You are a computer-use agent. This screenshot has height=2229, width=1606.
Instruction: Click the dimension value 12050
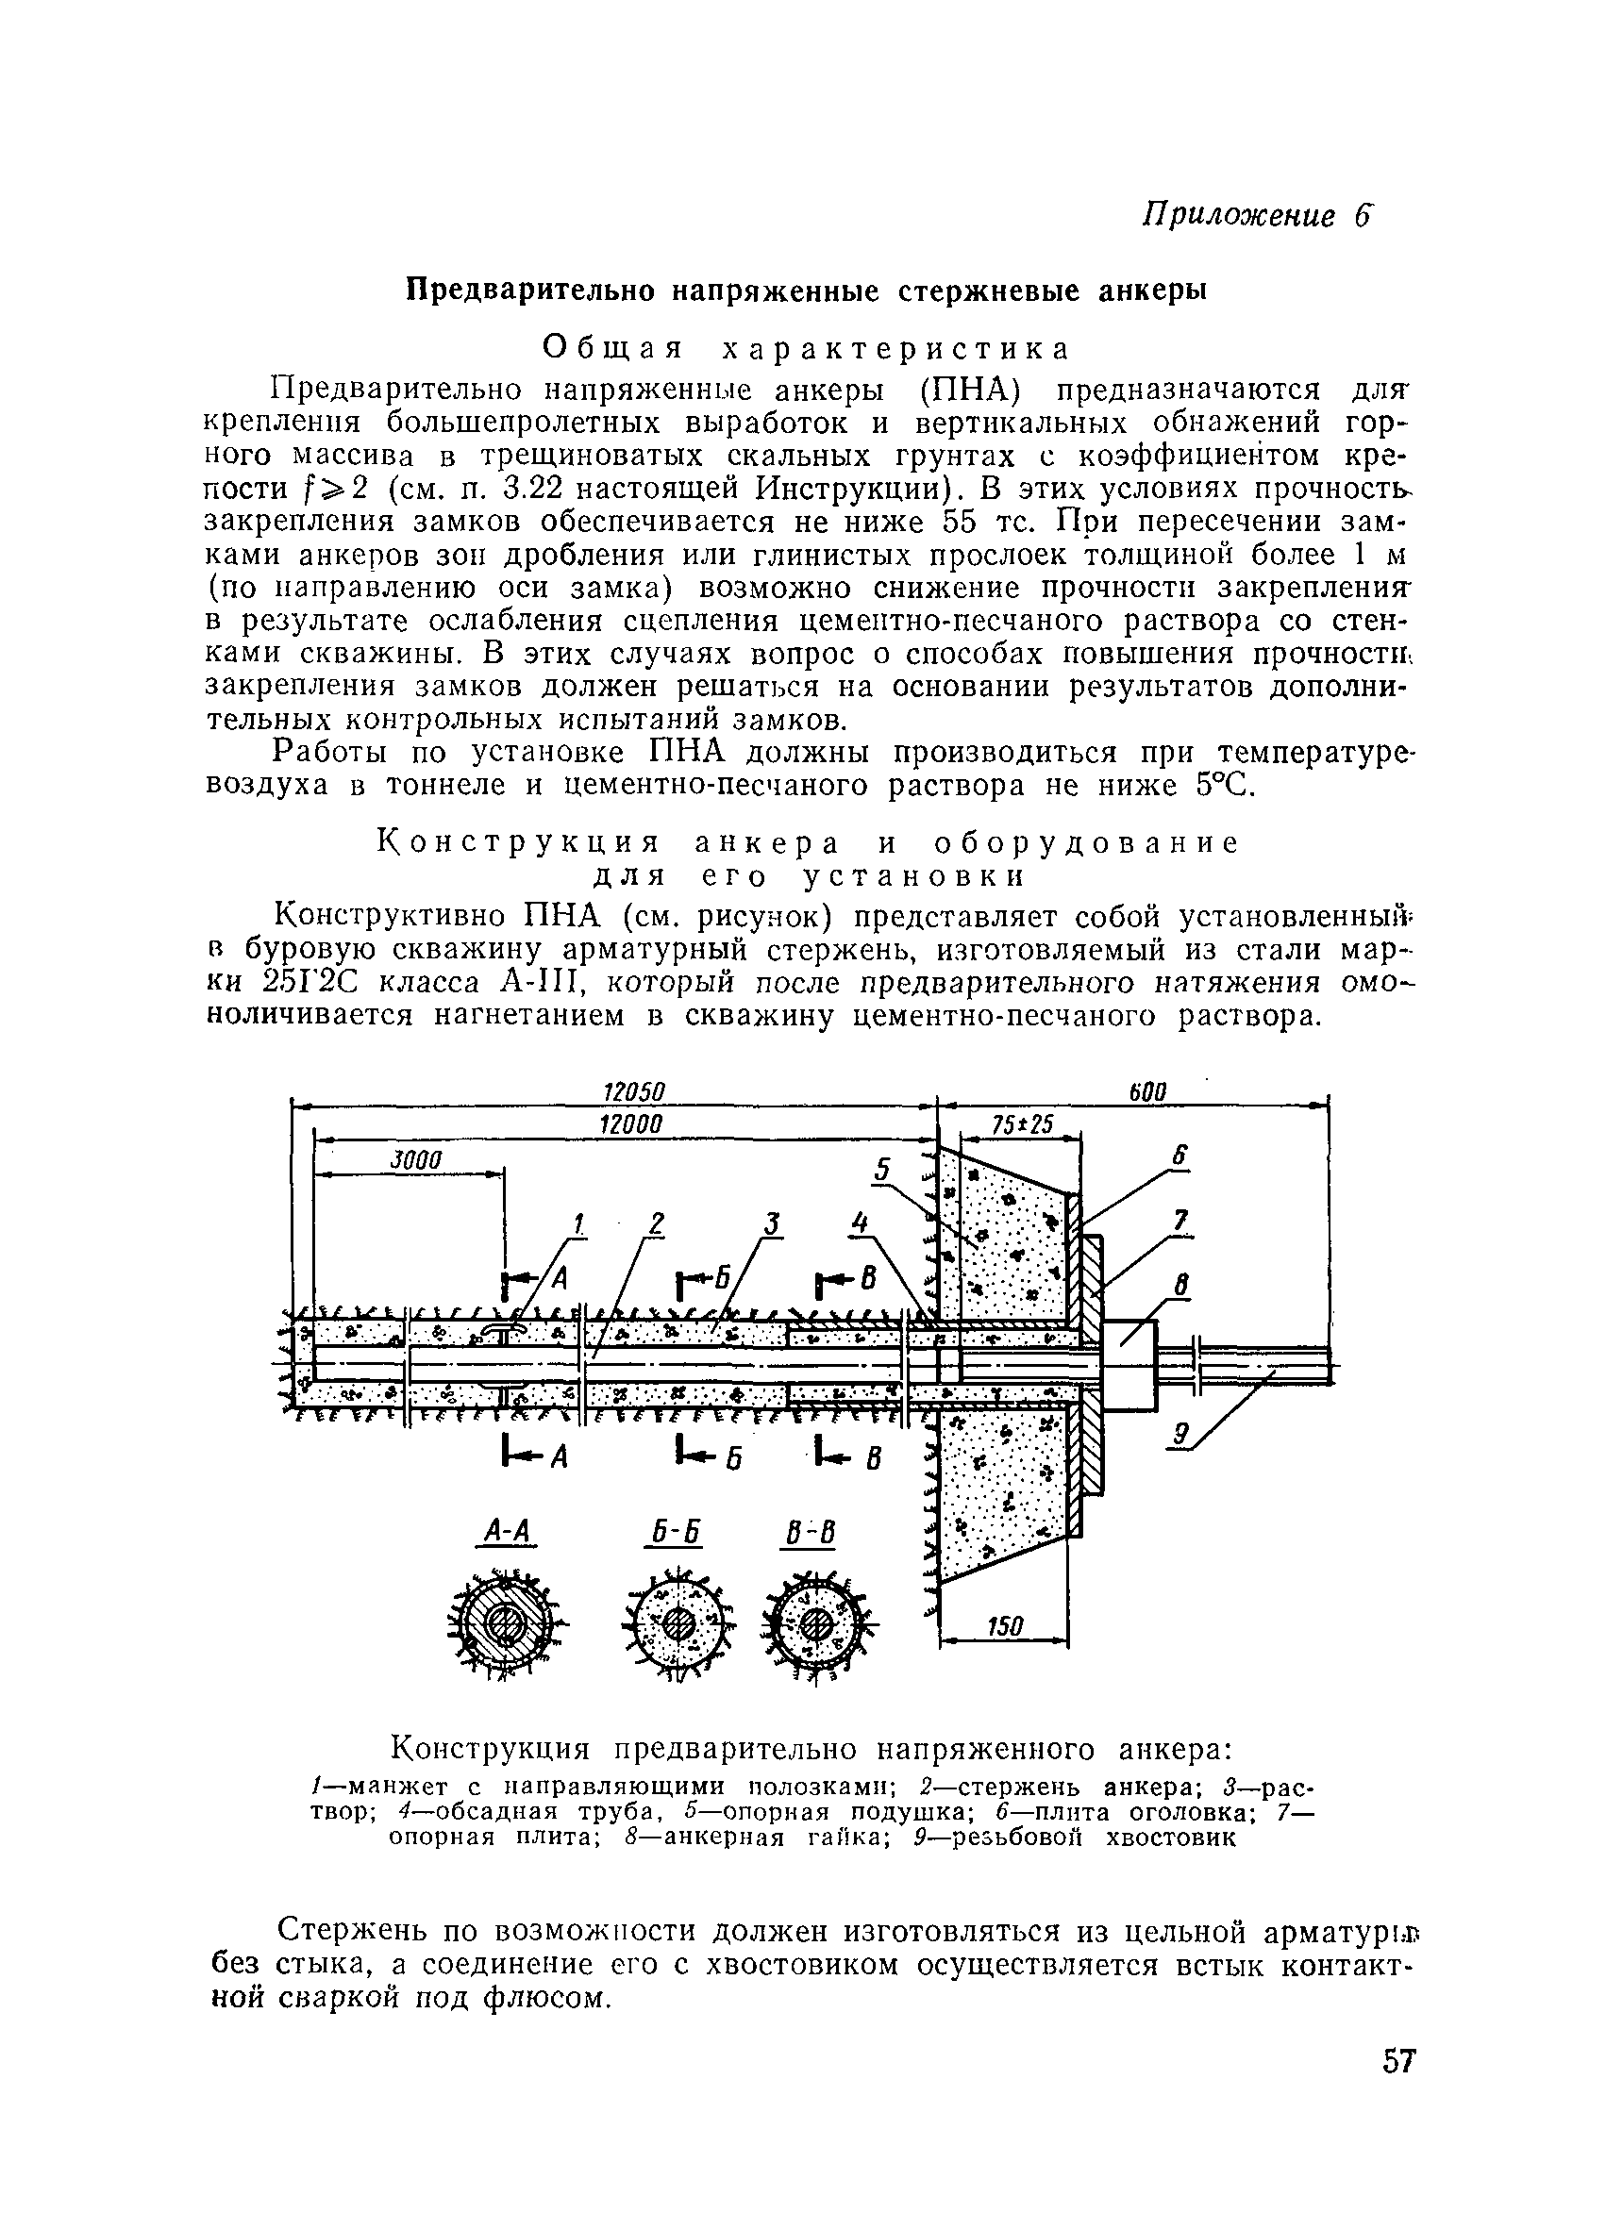coord(633,1092)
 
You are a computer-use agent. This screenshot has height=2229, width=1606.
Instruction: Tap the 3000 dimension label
coord(417,1158)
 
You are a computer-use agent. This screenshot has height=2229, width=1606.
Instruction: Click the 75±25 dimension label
coord(1022,1124)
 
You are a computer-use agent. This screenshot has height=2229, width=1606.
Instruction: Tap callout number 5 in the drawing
coord(882,1170)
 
